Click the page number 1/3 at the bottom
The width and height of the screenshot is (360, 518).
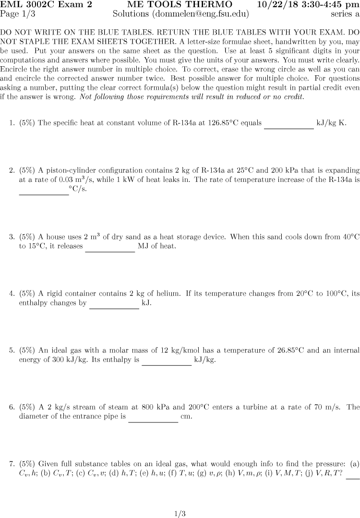click(x=180, y=514)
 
